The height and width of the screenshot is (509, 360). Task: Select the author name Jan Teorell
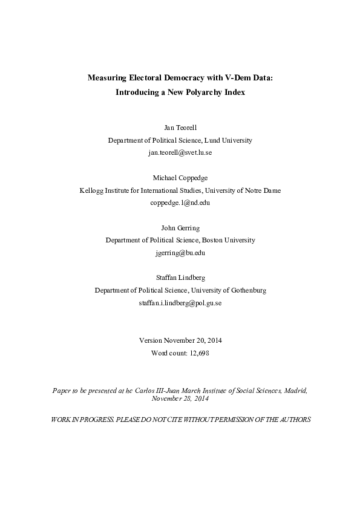pos(180,128)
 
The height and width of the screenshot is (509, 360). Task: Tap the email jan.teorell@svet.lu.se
pos(180,152)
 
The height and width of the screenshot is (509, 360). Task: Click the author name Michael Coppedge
pos(180,178)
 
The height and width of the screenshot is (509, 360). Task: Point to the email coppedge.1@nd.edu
pos(180,203)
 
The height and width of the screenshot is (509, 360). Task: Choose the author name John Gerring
pos(180,228)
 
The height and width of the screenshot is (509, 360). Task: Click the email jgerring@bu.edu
pos(180,253)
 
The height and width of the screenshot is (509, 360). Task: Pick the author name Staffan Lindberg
pos(180,278)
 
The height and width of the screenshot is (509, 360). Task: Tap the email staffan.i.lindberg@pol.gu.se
pos(180,302)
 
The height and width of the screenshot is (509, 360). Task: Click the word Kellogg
pos(93,190)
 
